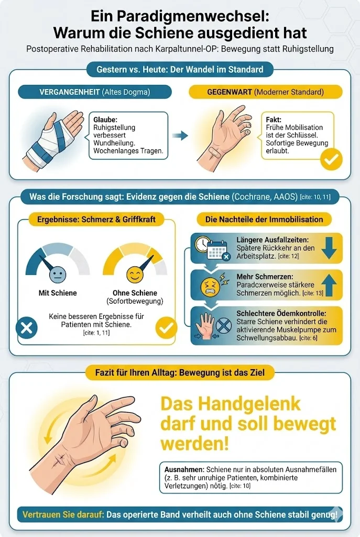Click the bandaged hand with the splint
(52, 137)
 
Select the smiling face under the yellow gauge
(135, 273)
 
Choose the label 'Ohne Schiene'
(135, 293)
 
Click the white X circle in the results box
(26, 328)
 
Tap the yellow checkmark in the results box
(166, 328)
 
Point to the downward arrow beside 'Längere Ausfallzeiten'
(329, 248)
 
